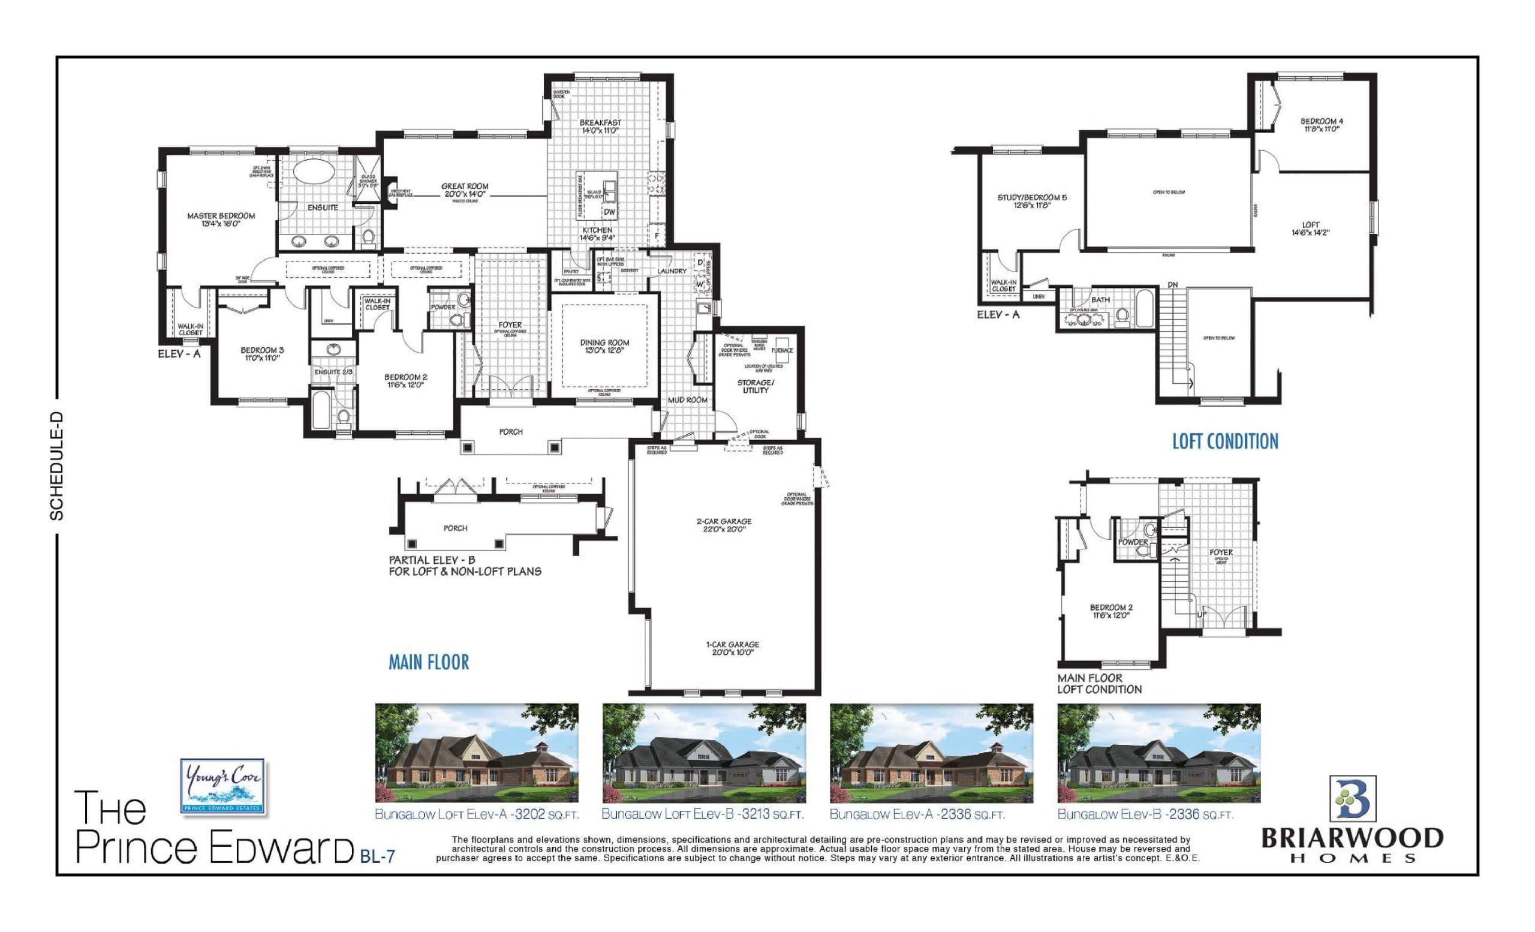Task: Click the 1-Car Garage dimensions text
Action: pos(733,653)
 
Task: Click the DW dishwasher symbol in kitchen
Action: pos(609,212)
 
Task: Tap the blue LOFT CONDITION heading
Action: pos(1225,441)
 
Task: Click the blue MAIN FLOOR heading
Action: pos(429,662)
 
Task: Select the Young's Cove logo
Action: pos(222,786)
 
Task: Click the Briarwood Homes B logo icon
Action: pos(1353,799)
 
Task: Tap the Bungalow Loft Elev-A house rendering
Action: pos(477,753)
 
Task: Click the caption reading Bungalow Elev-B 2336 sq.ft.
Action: pos(1145,814)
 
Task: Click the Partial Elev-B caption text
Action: pos(465,566)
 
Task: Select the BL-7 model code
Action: pos(378,857)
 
